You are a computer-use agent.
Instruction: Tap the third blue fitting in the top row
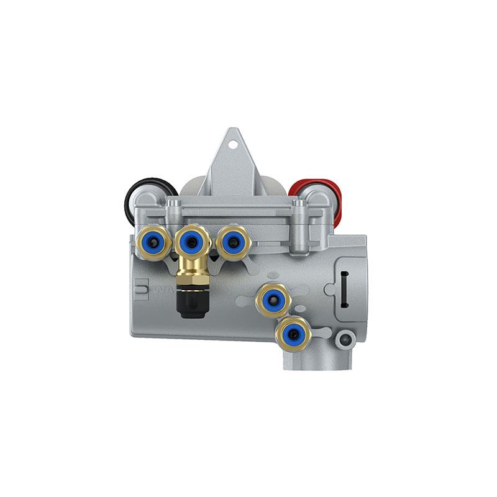233,242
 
